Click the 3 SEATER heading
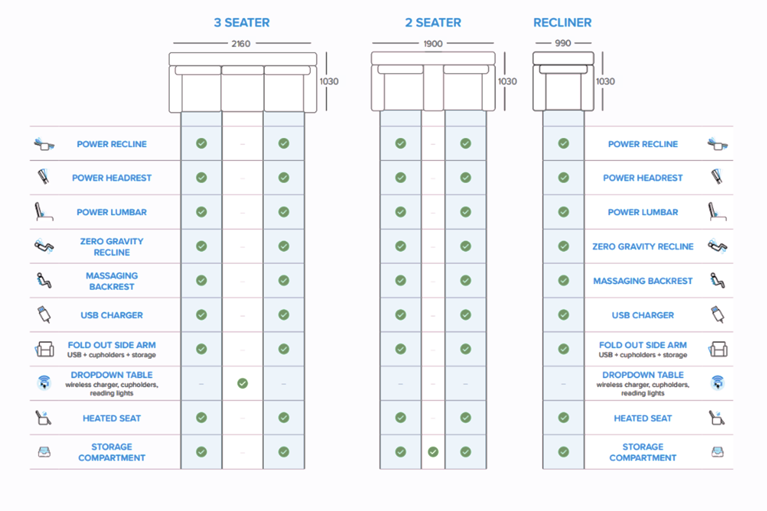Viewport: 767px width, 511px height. click(241, 22)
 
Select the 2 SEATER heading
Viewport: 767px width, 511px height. click(433, 22)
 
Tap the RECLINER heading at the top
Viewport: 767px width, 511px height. click(562, 22)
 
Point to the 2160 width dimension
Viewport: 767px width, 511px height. click(241, 44)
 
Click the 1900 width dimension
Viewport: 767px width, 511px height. click(433, 44)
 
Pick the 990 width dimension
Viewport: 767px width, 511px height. click(562, 43)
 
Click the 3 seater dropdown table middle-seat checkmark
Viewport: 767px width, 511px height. click(242, 383)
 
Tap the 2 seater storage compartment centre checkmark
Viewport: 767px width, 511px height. click(433, 452)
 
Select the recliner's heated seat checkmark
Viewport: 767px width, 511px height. click(563, 417)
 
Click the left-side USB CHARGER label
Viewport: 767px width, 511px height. click(111, 315)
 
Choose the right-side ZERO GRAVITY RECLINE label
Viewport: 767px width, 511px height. click(643, 246)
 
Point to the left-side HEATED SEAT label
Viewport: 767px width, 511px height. click(111, 418)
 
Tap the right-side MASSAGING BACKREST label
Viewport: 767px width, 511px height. click(643, 281)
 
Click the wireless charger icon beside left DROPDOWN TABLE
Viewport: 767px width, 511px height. click(44, 382)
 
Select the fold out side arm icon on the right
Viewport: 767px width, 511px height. click(718, 350)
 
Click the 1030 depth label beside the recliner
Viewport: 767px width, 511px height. click(605, 81)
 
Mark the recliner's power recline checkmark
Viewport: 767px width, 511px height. click(563, 144)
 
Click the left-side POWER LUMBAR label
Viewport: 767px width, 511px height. click(111, 212)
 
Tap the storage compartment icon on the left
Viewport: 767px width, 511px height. click(44, 452)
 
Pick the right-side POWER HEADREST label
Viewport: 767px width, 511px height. click(643, 178)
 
